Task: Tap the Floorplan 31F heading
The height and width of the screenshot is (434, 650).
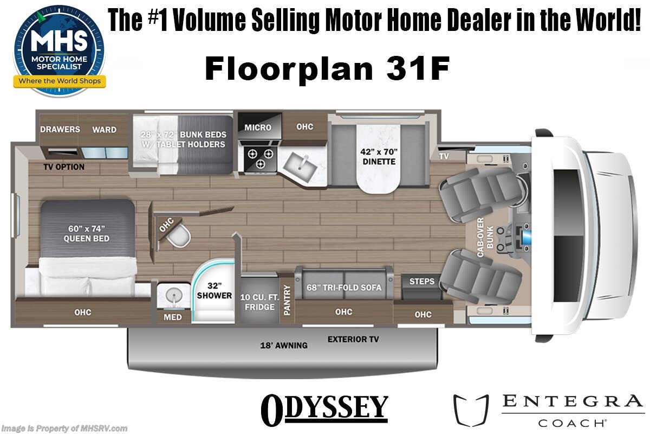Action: point(327,69)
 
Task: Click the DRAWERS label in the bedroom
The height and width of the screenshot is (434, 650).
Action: point(60,129)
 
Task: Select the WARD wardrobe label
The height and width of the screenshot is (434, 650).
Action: point(104,129)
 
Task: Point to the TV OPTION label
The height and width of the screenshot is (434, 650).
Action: point(64,167)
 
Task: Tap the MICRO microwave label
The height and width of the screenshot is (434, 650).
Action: point(258,127)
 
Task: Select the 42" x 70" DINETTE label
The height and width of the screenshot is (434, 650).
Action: point(378,156)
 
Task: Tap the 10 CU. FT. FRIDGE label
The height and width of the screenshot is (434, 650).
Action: point(259,302)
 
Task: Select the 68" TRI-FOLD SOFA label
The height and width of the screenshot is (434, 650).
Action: point(344,287)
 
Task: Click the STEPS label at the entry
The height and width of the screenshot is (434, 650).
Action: point(422,281)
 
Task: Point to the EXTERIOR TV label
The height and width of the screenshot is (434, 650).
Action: point(353,340)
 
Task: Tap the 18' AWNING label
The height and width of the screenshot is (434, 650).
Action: point(284,345)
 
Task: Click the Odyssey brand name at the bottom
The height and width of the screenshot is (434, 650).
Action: point(325,410)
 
